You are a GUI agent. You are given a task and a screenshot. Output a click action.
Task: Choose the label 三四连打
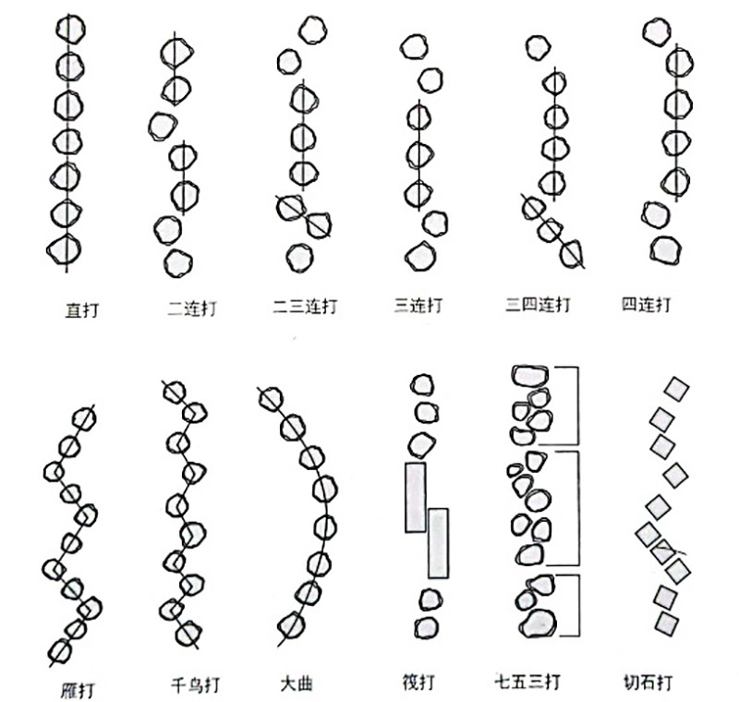(538, 305)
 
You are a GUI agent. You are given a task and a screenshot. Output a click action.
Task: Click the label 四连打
(647, 304)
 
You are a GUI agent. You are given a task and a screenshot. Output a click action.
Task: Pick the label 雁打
(77, 689)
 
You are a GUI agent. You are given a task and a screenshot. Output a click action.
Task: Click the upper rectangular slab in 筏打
(416, 497)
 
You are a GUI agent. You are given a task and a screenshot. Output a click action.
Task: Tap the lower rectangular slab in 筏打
(438, 542)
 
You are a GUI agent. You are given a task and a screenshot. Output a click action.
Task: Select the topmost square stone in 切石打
(677, 389)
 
